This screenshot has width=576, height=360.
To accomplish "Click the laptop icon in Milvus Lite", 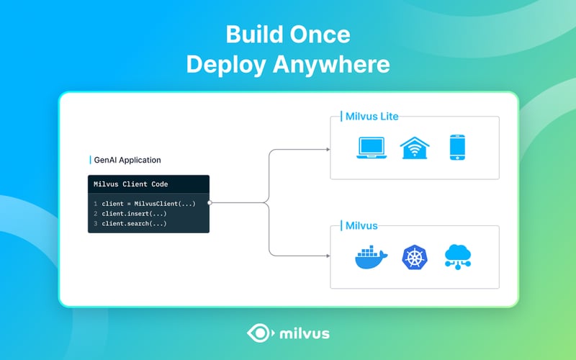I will (x=372, y=147).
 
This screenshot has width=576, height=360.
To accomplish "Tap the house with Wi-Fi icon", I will (x=415, y=147).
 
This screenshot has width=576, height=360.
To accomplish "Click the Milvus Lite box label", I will (x=369, y=116).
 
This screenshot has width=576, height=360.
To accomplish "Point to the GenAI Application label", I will (x=127, y=160).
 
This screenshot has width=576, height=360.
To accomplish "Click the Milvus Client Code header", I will (x=130, y=184).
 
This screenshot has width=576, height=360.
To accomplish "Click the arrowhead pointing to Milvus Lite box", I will (x=328, y=150).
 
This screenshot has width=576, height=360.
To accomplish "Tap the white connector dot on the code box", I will (x=210, y=203).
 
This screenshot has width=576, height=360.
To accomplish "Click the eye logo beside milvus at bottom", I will (x=258, y=333).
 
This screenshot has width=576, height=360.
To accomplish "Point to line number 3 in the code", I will (x=94, y=223).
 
